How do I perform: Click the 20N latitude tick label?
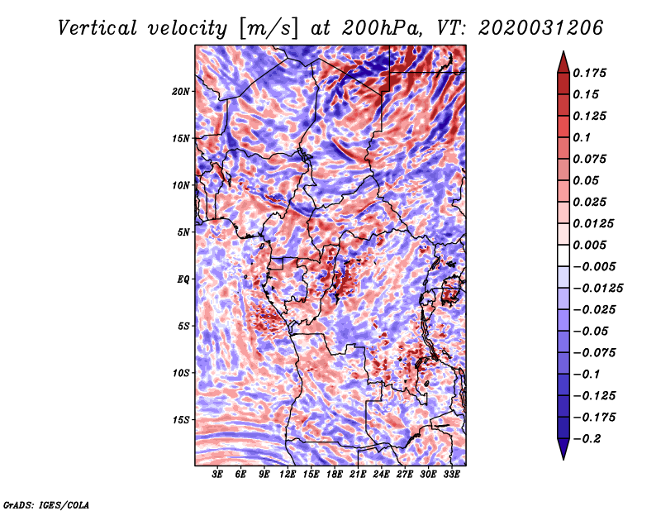coord(181,91)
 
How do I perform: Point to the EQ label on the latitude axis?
coord(183,279)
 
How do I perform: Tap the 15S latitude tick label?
coord(181,420)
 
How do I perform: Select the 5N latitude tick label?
coord(183,232)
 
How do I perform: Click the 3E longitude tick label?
coord(217,474)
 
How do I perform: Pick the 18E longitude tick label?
coord(334,474)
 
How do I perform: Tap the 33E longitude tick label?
coord(451,474)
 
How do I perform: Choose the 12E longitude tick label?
coord(287,474)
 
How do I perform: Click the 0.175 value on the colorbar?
coord(589,73)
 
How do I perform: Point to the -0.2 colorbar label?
coord(587,439)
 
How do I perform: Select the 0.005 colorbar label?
coord(589,245)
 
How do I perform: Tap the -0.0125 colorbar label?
coord(597,289)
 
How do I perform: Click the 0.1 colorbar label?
coord(582,137)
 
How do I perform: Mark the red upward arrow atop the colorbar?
coord(564,62)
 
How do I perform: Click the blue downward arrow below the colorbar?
coord(564,449)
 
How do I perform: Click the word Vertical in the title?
coord(97,28)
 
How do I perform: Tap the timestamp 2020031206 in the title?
coord(540,28)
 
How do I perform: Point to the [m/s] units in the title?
coord(269,29)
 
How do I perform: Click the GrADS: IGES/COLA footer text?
coord(46,504)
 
